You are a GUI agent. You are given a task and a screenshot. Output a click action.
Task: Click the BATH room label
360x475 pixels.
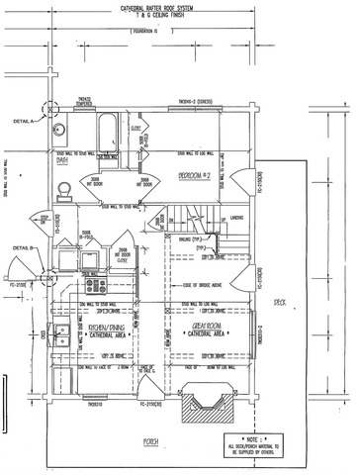pos(62,159)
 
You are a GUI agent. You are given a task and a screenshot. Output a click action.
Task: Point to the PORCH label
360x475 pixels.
pos(149,441)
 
